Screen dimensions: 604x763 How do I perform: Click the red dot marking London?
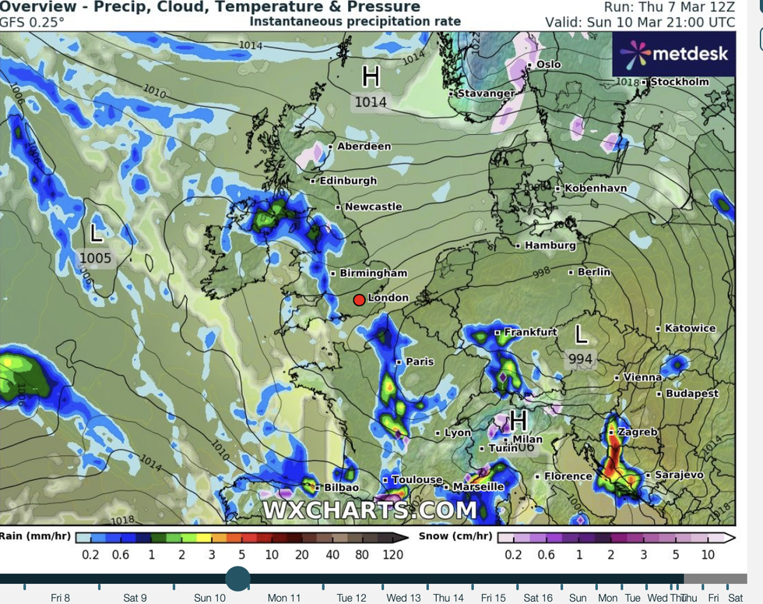pos(359,300)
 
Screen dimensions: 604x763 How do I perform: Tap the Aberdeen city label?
pos(364,147)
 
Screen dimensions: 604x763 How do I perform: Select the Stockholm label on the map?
pos(679,82)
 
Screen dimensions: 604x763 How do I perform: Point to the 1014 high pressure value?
pos(371,102)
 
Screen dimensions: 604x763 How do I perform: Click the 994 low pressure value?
pos(581,359)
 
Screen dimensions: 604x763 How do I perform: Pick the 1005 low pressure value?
pos(96,258)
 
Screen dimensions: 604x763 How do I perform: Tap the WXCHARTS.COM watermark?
pos(369,510)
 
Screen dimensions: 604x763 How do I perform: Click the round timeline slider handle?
pos(237,579)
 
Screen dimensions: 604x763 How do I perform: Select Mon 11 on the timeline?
pos(284,598)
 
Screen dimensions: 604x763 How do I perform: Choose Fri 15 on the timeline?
pos(492,598)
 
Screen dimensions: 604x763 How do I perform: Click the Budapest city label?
pos(691,394)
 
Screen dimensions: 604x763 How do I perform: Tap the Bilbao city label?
pos(341,487)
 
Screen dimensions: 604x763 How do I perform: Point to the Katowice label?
pos(690,329)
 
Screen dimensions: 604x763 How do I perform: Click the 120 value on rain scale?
pos(393,554)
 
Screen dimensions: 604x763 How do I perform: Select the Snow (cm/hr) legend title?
pos(455,536)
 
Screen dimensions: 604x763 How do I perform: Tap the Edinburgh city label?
pos(348,181)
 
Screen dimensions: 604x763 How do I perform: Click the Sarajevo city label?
pos(679,475)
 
